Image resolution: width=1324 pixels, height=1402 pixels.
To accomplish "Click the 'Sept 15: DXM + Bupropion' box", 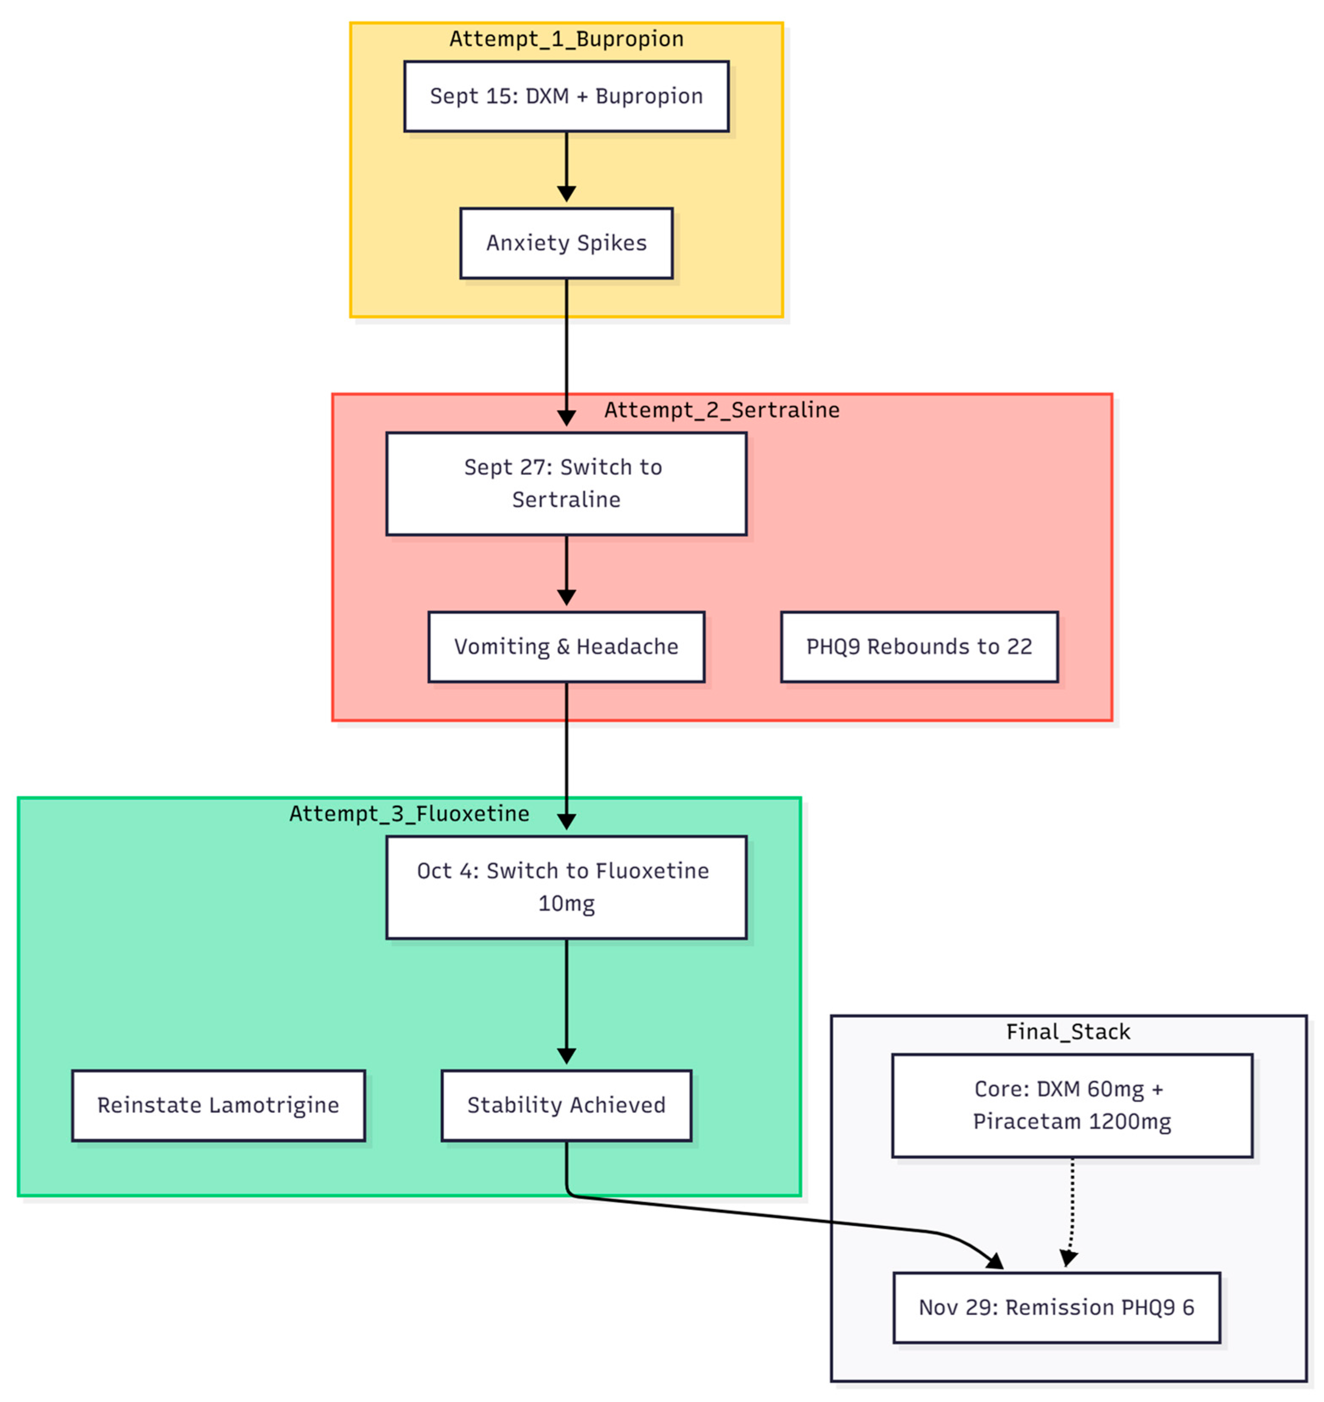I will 566,96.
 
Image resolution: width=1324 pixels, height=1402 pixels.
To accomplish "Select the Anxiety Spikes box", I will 566,243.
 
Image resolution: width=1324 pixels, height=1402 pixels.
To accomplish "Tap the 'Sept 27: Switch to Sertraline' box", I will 566,483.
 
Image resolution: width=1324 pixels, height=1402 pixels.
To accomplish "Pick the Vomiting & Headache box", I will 566,646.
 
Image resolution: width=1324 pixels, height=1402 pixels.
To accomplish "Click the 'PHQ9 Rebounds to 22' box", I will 919,646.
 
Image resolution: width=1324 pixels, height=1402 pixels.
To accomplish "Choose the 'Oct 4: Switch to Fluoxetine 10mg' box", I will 566,887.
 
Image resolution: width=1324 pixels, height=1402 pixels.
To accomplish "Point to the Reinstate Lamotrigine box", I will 218,1105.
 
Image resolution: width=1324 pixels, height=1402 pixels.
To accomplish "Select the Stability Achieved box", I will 566,1105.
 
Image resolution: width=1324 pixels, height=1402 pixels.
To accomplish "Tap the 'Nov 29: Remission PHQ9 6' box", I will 1056,1307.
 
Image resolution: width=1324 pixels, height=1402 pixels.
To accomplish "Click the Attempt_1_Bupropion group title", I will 566,39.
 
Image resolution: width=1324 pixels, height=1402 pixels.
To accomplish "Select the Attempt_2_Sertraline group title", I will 721,410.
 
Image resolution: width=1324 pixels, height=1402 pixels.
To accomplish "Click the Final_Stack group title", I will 1068,1031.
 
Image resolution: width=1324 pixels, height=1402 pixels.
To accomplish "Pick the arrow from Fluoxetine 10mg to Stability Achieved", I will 566,1002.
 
